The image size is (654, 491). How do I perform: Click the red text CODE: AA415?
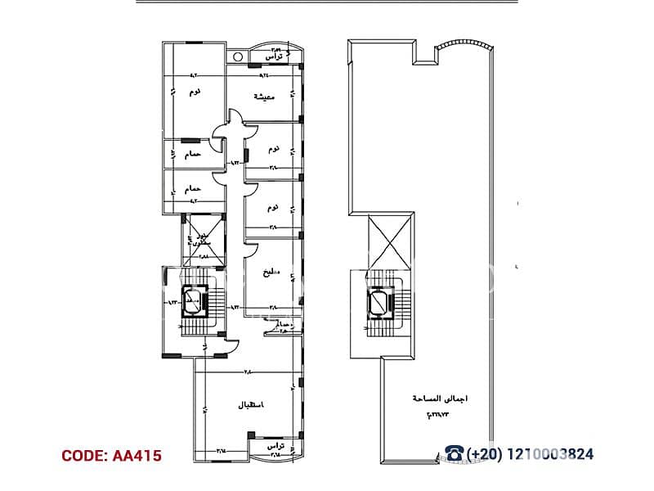pyautogui.click(x=112, y=455)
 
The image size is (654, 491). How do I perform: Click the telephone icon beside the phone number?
pyautogui.click(x=454, y=454)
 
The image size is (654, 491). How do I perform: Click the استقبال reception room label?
pyautogui.click(x=250, y=405)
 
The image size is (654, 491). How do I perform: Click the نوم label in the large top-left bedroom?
pyautogui.click(x=194, y=92)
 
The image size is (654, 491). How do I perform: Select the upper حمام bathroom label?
pyautogui.click(x=193, y=154)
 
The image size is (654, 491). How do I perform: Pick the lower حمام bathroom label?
pyautogui.click(x=193, y=188)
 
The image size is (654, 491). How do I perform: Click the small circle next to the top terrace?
pyautogui.click(x=238, y=57)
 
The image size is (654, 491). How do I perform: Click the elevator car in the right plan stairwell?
pyautogui.click(x=379, y=302)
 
